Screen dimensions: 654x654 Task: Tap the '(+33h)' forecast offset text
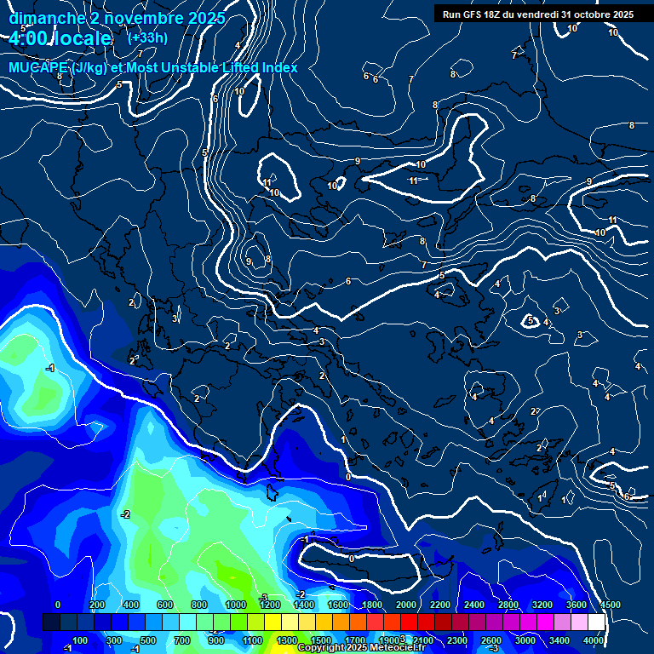tap(147, 37)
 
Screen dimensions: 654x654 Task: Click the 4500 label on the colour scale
tap(610, 605)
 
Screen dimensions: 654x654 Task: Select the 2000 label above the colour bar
tap(406, 605)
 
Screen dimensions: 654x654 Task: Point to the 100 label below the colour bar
tap(80, 640)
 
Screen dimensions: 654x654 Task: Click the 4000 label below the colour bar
tap(593, 640)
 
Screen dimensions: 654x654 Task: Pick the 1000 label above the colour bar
tap(236, 605)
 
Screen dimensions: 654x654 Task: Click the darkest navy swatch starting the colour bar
tap(51, 622)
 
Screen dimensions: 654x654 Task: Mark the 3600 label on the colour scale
tap(577, 605)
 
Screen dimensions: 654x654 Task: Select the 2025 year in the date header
tap(206, 18)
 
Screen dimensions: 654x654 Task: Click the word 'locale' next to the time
tap(85, 39)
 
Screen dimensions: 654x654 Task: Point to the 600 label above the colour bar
tap(165, 605)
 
